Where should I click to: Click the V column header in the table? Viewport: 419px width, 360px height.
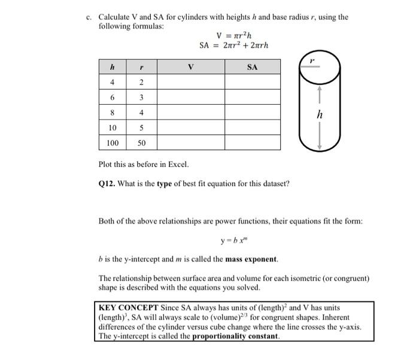point(190,67)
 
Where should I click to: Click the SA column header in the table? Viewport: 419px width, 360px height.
point(252,67)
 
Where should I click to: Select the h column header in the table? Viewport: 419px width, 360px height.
point(113,67)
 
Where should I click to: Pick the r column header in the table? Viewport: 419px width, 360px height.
point(141,67)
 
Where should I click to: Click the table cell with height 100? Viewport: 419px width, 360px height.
point(113,143)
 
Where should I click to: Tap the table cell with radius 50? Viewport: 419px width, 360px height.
point(141,143)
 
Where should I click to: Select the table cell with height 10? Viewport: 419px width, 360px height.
point(113,128)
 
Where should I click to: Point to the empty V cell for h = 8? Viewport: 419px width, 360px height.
point(190,112)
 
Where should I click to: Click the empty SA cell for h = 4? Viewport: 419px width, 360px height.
point(252,82)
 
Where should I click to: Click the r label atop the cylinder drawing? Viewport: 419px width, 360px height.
point(312,60)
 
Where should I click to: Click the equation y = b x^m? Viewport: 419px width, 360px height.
point(233,242)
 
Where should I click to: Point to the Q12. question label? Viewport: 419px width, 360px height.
point(108,184)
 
